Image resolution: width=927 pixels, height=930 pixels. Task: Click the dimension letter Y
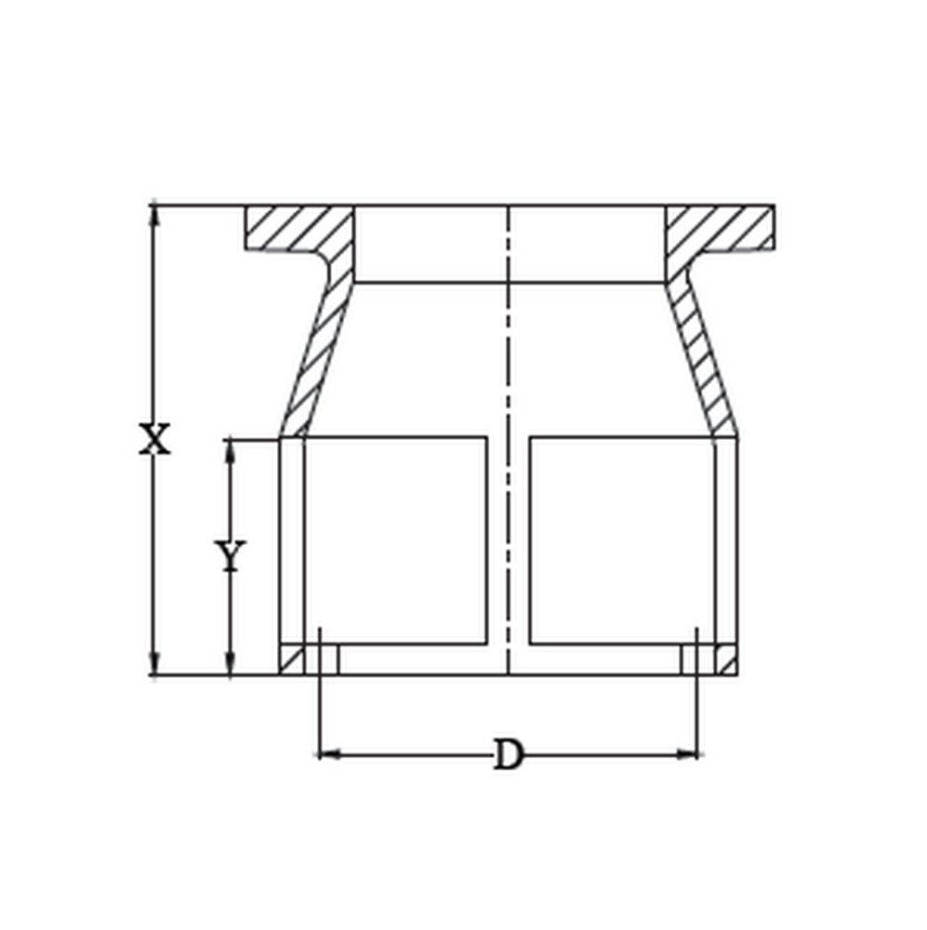click(x=230, y=555)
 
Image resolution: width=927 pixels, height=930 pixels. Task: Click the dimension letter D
click(x=507, y=754)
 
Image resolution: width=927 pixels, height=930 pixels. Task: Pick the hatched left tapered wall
click(x=316, y=363)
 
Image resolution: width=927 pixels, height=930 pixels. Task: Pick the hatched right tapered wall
click(x=703, y=363)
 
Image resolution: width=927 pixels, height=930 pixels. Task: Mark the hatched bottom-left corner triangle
click(x=294, y=663)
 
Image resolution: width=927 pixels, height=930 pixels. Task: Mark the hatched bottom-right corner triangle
click(x=725, y=663)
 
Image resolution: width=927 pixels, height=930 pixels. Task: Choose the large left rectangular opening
click(x=395, y=539)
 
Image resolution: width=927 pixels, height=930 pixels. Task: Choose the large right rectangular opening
click(x=620, y=539)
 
